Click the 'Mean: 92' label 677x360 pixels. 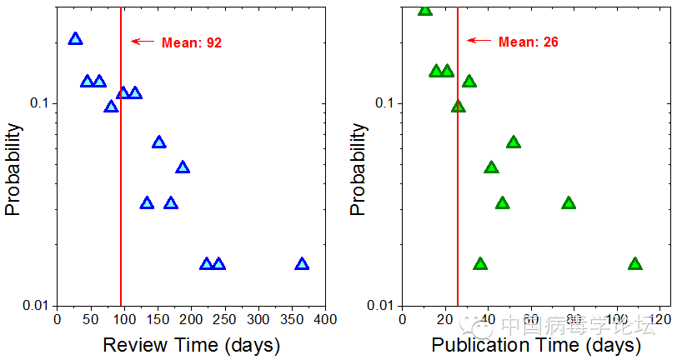coord(192,42)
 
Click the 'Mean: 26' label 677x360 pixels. coord(529,42)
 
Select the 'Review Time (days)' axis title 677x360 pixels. coord(191,344)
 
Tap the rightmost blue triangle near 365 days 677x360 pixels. coord(302,264)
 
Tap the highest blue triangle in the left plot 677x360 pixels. coord(76,38)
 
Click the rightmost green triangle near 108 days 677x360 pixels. coord(635,264)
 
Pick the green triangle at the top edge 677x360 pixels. coord(425,9)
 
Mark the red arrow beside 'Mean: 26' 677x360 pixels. coord(479,40)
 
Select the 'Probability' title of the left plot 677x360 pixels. coord(13,169)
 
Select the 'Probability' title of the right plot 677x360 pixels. coord(359,169)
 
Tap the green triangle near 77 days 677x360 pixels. coord(569,203)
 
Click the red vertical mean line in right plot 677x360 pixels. coord(458,208)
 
